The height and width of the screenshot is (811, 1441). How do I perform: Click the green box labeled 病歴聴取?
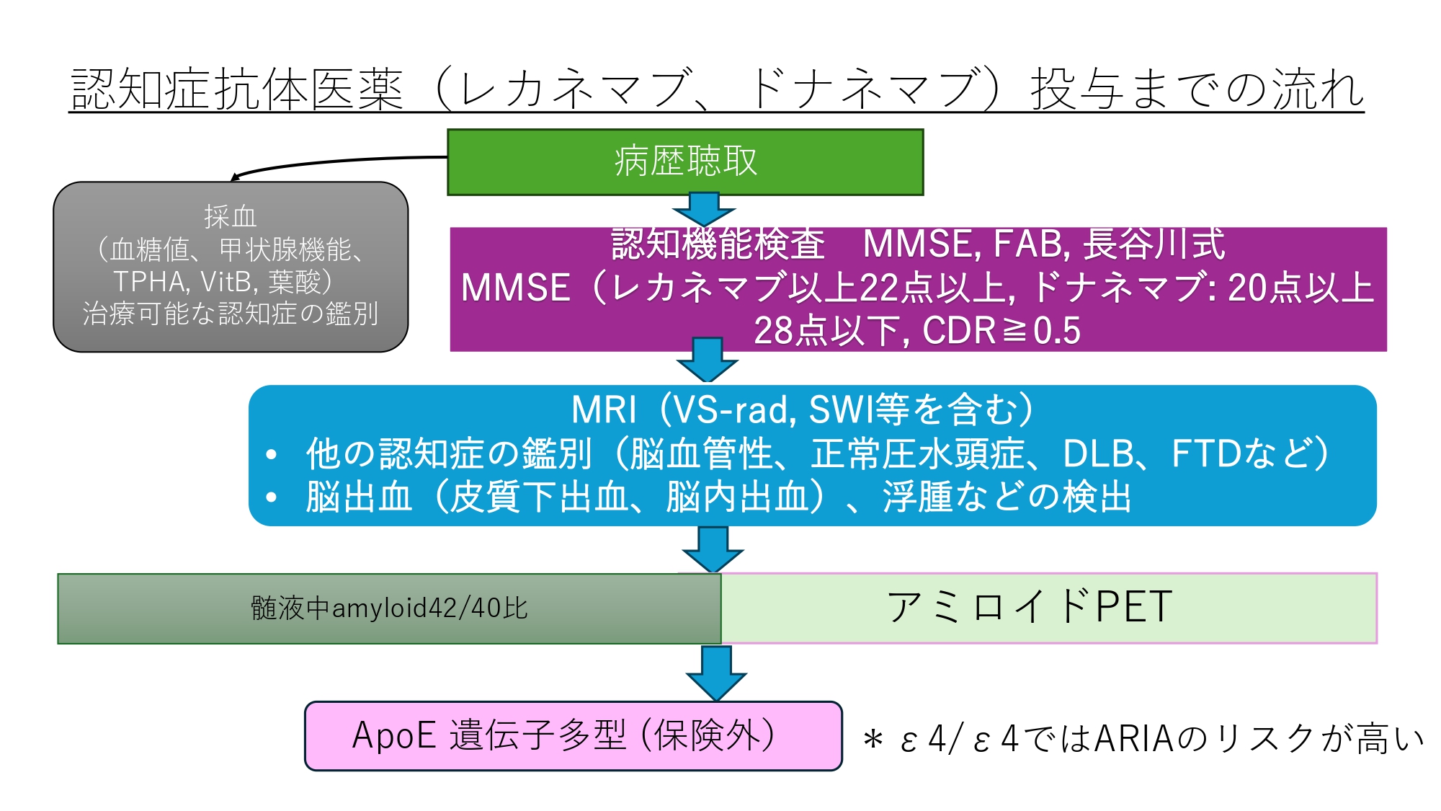click(685, 161)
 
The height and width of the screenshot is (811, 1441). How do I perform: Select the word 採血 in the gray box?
click(230, 216)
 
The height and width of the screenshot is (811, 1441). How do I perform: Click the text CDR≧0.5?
click(1001, 331)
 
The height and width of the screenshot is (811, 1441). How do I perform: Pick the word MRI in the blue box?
click(604, 410)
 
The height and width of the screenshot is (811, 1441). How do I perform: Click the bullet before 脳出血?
click(272, 497)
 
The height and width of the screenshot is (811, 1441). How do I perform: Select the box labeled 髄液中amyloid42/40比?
click(389, 608)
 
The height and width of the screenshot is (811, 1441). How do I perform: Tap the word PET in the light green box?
click(1133, 607)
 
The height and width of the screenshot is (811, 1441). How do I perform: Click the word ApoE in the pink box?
click(393, 736)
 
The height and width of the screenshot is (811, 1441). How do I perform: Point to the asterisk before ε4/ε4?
click(873, 739)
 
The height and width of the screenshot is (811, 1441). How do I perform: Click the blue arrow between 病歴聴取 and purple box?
click(704, 209)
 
